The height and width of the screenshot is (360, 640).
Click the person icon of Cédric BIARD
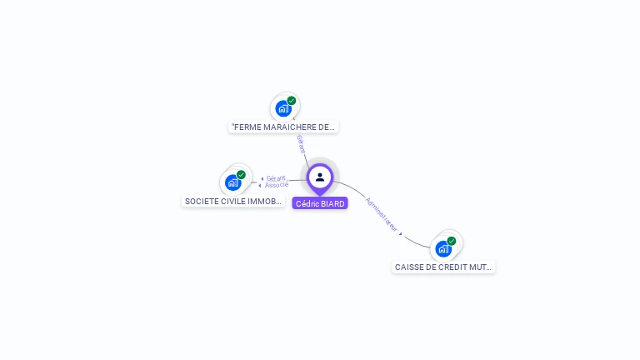click(320, 177)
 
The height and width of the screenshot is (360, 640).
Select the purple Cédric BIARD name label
click(320, 203)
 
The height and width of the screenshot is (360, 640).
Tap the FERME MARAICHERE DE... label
click(283, 127)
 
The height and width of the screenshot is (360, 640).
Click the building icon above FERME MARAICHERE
click(283, 108)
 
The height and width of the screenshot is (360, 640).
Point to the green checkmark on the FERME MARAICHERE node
click(292, 101)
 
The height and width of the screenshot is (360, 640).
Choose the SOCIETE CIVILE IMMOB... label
click(233, 201)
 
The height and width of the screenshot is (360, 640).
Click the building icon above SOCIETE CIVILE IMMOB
click(233, 182)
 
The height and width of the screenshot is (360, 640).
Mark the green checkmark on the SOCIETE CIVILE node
click(241, 175)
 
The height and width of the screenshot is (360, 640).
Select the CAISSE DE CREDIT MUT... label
click(443, 267)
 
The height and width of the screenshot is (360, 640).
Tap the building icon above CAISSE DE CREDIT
click(443, 248)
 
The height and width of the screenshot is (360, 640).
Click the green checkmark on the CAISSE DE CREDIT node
click(452, 241)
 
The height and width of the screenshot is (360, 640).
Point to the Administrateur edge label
click(381, 214)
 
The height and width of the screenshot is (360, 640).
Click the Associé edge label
click(277, 185)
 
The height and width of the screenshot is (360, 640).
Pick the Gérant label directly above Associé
click(276, 178)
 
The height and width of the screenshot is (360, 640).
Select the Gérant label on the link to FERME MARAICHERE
click(302, 143)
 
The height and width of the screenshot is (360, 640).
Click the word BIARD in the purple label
click(332, 203)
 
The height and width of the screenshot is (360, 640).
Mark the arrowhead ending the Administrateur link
click(401, 234)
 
